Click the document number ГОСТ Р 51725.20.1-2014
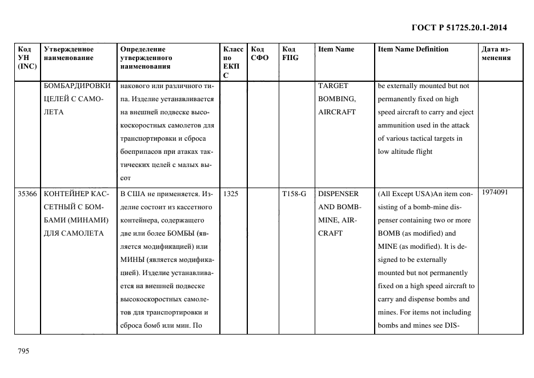[x=459, y=27]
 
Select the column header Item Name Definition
[x=413, y=49]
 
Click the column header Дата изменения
[x=496, y=53]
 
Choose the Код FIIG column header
[x=290, y=53]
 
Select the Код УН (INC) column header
[x=27, y=58]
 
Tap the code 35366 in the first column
[x=27, y=194]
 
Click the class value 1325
[x=231, y=194]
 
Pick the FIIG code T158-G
[x=294, y=194]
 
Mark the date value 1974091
[x=495, y=192]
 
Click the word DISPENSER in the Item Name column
[x=338, y=194]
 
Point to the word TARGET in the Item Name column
[x=333, y=86]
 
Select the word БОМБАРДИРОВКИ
[x=77, y=86]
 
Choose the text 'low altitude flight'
[x=405, y=152]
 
